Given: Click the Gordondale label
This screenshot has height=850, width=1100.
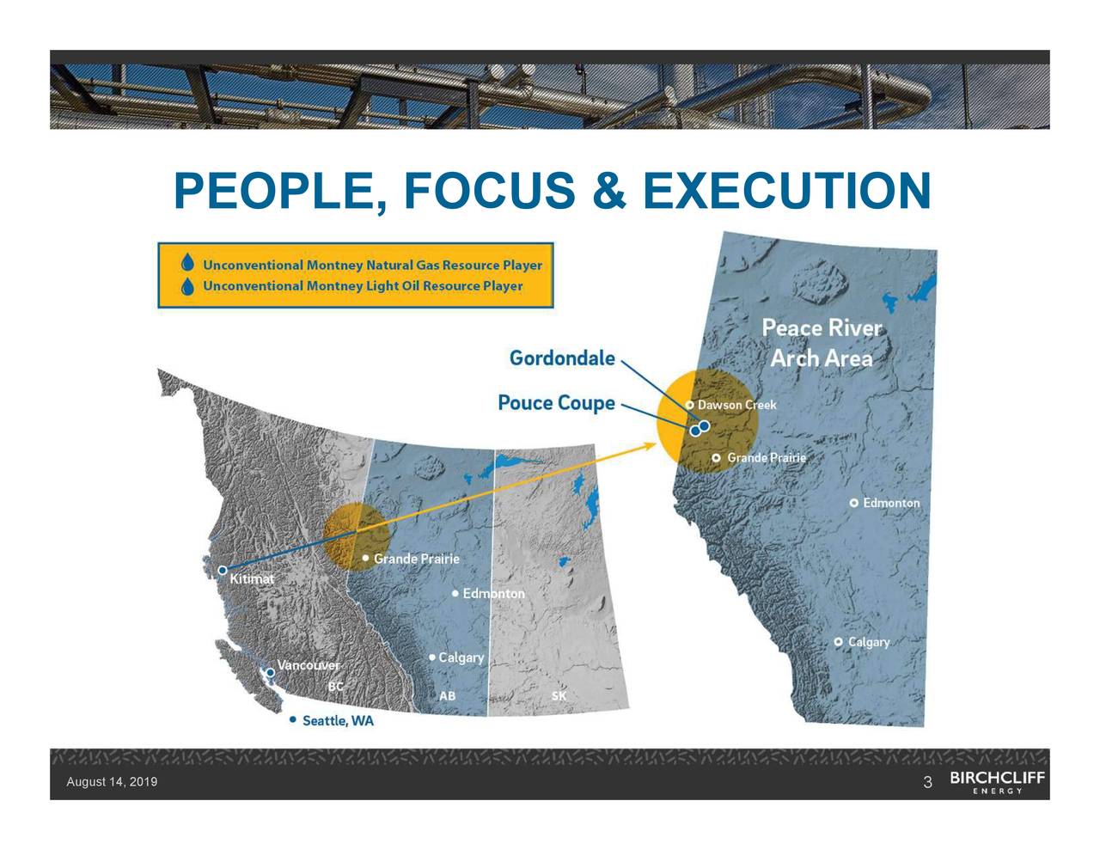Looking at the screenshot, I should (x=562, y=358).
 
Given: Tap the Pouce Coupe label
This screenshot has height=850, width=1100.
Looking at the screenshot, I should (x=557, y=402).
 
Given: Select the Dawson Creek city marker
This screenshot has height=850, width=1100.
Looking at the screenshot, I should (x=690, y=405).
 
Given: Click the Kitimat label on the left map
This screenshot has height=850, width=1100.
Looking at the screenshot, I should (x=252, y=579).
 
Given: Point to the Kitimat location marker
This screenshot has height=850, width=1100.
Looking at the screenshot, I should (x=223, y=570).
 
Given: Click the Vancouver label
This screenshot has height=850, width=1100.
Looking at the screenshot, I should (x=309, y=665).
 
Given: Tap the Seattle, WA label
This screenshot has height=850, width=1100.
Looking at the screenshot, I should (x=338, y=720).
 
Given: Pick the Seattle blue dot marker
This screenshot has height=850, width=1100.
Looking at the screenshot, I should (x=294, y=719).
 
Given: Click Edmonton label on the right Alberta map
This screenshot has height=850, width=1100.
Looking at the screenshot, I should (x=891, y=503).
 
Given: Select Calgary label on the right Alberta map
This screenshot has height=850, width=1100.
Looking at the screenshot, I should (x=869, y=642).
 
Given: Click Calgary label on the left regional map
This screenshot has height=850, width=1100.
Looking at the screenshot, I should (x=461, y=657).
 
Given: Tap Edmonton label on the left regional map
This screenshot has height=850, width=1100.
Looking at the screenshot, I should (x=493, y=594).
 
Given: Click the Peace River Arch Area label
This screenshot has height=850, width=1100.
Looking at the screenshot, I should (x=822, y=343).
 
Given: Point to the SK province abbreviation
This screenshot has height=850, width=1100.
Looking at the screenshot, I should (x=559, y=695).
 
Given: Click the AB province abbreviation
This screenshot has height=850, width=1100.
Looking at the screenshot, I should (x=448, y=695).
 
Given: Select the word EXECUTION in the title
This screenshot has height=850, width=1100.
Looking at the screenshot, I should (x=786, y=191).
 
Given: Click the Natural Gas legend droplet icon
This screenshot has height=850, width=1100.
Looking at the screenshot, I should (x=187, y=264).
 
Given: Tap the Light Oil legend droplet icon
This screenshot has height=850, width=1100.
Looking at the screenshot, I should (x=187, y=286).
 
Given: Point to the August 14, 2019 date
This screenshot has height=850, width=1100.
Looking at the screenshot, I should (x=112, y=782).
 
